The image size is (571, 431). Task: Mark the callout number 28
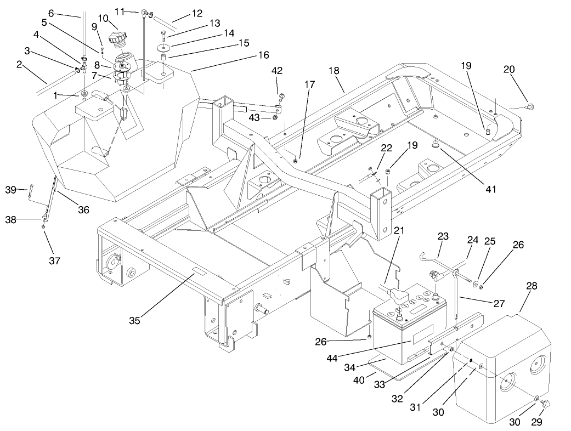[531, 286]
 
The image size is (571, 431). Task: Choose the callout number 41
[490, 189]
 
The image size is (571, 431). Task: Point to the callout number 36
[84, 209]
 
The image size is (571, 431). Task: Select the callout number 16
[263, 55]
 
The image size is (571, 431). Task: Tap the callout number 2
[20, 65]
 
